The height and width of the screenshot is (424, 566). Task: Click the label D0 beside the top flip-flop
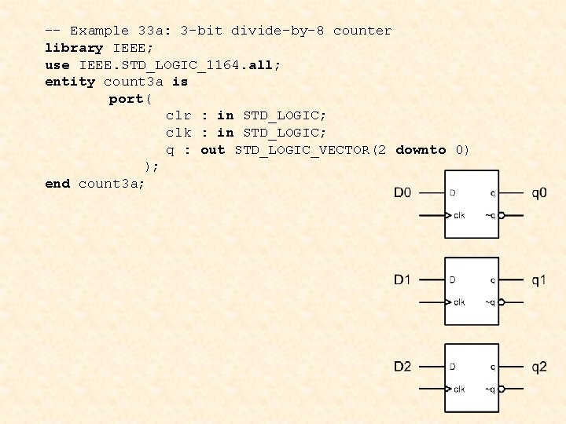402,193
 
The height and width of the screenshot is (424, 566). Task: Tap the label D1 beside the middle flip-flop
402,280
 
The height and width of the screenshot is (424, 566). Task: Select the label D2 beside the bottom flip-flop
402,367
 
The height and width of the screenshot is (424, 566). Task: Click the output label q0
539,193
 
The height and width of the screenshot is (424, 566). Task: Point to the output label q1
539,280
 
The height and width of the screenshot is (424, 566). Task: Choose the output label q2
539,367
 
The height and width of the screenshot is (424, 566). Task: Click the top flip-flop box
472,203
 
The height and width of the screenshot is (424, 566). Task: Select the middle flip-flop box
472,290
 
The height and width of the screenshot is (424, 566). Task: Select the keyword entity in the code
70,82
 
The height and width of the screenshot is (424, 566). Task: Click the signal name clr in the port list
178,115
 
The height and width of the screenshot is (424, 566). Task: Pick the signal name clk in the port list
178,133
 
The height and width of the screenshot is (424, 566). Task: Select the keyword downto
421,150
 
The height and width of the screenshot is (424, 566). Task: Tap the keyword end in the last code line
57,184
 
